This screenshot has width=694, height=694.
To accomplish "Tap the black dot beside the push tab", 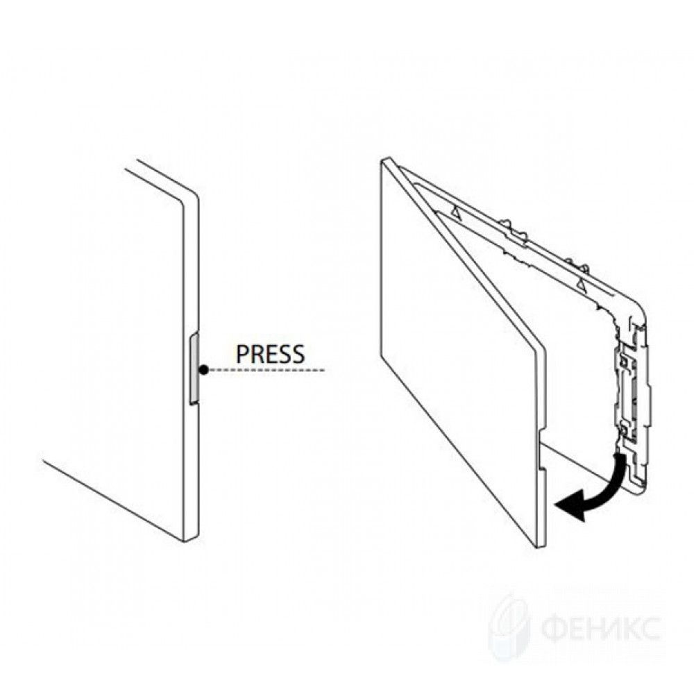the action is (x=203, y=370).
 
